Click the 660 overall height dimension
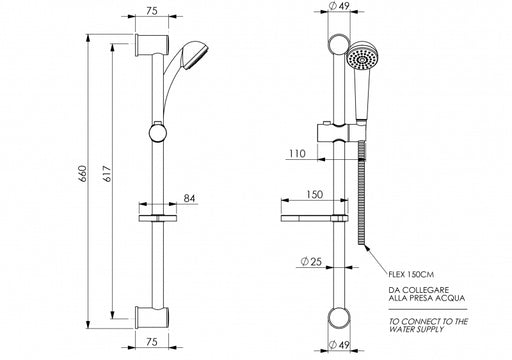tap(83, 174)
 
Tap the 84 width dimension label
tap(189, 198)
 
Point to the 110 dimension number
tap(297, 154)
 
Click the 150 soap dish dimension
tap(315, 194)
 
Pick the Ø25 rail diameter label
tap(311, 262)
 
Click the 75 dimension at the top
tap(152, 11)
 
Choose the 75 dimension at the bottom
tap(152, 342)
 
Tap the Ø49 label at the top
tap(339, 6)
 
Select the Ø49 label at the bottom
tap(339, 345)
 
